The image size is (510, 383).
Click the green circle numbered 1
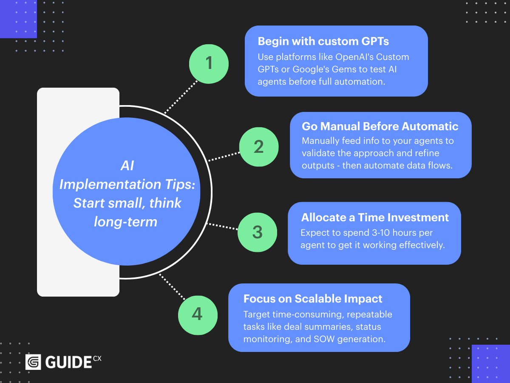click(209, 64)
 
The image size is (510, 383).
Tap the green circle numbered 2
click(259, 147)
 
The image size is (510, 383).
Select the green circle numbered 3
click(257, 233)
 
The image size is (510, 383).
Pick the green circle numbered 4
click(197, 314)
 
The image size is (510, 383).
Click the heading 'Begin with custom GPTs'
click(323, 42)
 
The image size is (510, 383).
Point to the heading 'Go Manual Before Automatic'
click(380, 126)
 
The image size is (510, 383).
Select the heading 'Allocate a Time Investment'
click(375, 217)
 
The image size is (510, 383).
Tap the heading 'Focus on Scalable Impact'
click(313, 299)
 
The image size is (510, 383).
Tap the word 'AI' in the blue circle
click(127, 166)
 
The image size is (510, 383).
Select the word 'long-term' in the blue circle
click(125, 221)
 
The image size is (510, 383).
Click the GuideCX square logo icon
click(33, 362)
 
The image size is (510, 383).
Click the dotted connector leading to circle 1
click(181, 96)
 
